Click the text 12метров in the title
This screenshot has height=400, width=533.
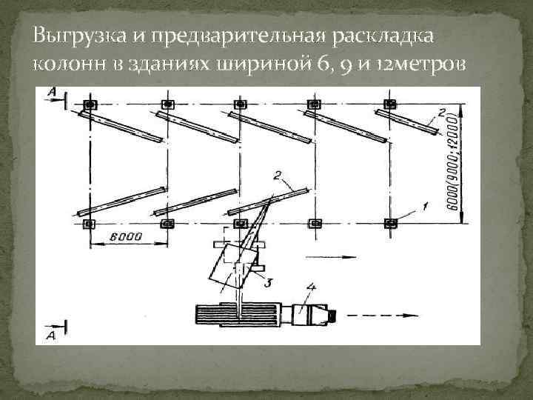point(422,63)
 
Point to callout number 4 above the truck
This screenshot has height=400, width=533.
point(311,286)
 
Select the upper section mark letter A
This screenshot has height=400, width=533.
point(51,91)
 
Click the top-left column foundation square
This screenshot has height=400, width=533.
point(90,104)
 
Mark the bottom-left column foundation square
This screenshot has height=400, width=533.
point(90,222)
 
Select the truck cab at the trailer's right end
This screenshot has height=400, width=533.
point(315,314)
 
